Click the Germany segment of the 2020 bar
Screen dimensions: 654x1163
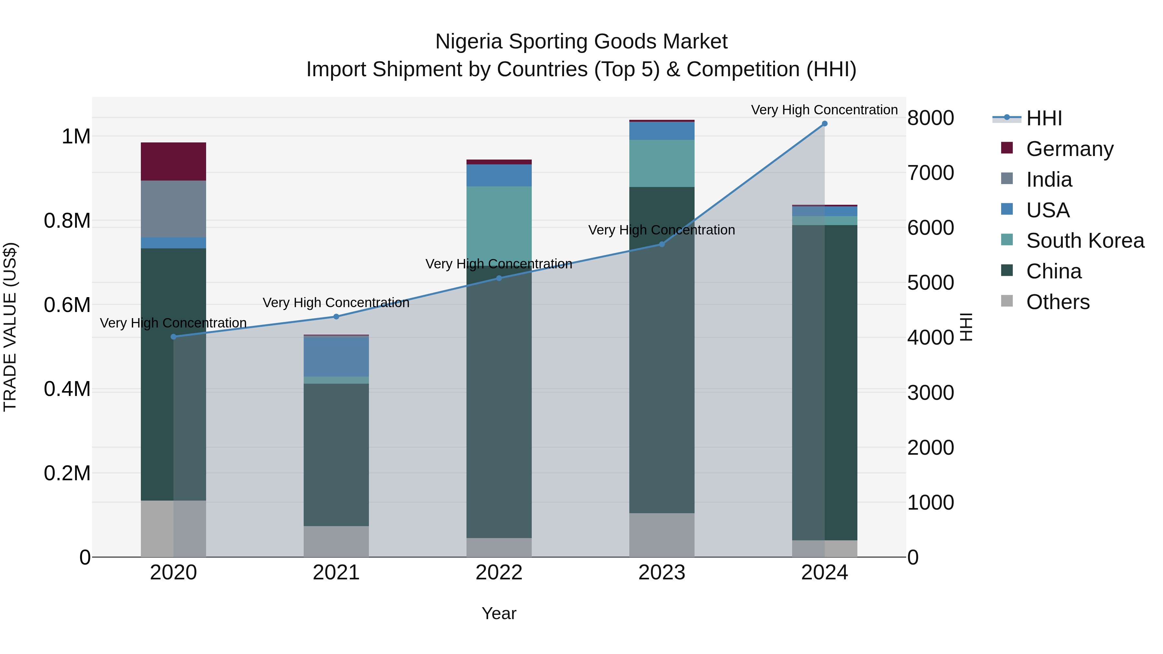[x=173, y=161]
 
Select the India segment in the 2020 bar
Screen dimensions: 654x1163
[x=173, y=209]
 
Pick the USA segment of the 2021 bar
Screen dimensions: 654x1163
[x=336, y=357]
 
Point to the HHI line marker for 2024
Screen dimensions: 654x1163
[x=824, y=124]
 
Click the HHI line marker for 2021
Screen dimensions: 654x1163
[x=336, y=317]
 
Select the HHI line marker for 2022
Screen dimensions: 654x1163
[x=499, y=278]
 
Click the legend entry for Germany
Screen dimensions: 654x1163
[x=1069, y=149]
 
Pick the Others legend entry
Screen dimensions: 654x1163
[x=1057, y=302]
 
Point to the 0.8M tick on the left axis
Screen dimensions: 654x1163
[x=67, y=221]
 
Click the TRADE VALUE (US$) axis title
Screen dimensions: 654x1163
[x=10, y=327]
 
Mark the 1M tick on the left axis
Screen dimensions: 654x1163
[x=76, y=136]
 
